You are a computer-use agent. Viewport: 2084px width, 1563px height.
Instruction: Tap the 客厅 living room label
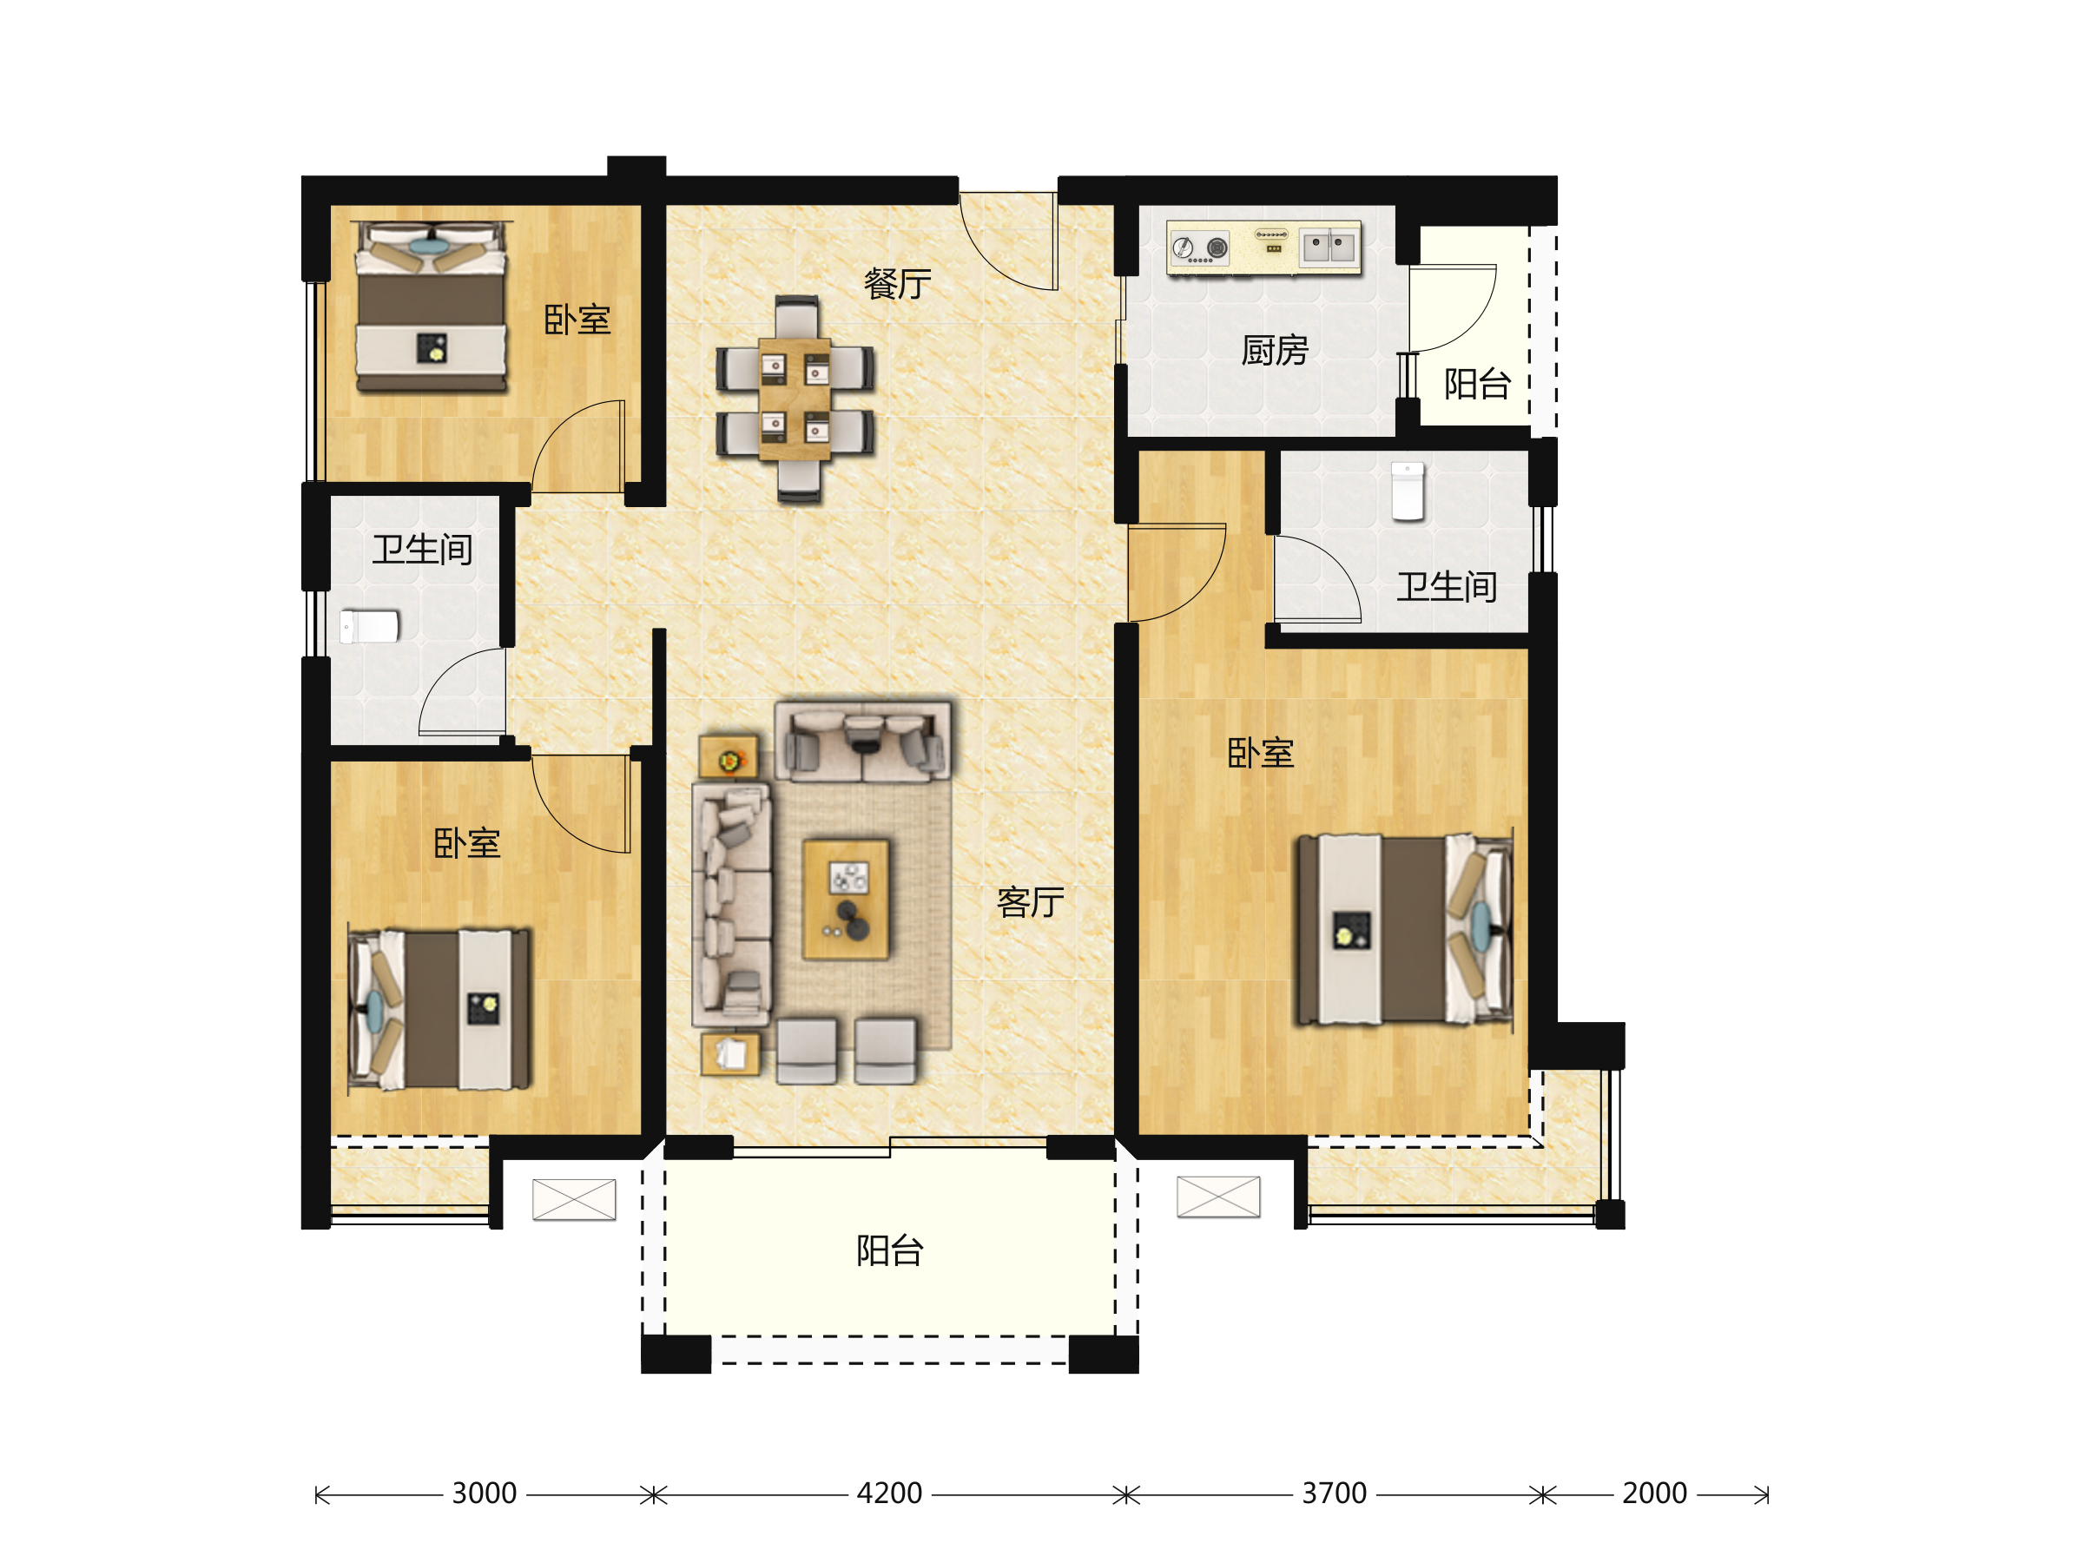(x=1030, y=901)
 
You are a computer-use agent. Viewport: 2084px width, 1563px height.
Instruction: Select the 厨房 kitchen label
(x=1274, y=351)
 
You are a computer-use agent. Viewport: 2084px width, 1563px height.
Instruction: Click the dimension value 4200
(x=888, y=1494)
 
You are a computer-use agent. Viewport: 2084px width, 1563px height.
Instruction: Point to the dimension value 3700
(x=1333, y=1494)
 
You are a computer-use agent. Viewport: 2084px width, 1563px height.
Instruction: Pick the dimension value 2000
(x=1653, y=1494)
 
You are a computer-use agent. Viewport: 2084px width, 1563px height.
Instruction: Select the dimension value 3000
(x=484, y=1494)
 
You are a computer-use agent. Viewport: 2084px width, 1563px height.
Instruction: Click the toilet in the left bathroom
(x=369, y=627)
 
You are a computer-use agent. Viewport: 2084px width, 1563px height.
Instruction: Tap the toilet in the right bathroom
(x=1408, y=491)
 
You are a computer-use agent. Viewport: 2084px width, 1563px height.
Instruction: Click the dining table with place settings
(x=795, y=399)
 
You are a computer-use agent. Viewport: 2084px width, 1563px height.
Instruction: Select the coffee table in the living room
(x=846, y=900)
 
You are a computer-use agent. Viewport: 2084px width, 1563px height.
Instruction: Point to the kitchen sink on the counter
(x=1329, y=247)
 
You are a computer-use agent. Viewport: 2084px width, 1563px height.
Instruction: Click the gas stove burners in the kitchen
(x=1199, y=247)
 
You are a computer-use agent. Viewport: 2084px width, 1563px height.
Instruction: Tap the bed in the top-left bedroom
(x=432, y=307)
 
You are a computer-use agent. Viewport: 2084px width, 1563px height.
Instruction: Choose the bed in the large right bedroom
(x=1405, y=930)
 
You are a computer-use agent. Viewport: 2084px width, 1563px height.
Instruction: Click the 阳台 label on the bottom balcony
(x=889, y=1250)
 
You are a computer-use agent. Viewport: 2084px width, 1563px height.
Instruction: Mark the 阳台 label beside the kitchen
(x=1476, y=384)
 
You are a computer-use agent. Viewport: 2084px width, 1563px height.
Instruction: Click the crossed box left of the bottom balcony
(x=574, y=1199)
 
